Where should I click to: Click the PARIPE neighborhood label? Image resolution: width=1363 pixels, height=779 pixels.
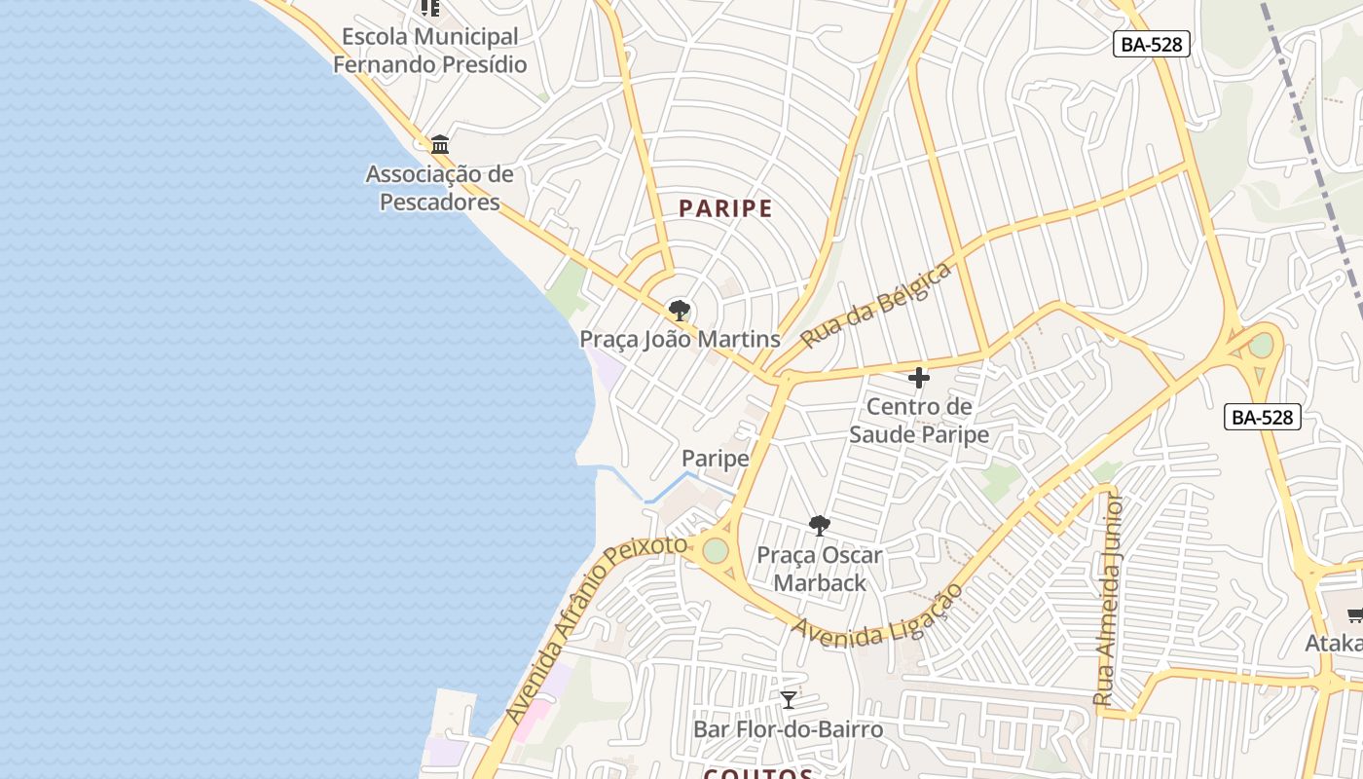[x=725, y=208]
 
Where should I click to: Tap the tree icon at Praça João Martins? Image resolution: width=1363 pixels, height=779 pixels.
[x=679, y=311]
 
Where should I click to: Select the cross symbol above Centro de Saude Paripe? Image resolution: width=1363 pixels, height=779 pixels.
[x=918, y=378]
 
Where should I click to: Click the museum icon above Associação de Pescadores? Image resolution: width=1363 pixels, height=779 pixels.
[x=440, y=145]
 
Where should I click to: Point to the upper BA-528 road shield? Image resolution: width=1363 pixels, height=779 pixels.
[x=1152, y=44]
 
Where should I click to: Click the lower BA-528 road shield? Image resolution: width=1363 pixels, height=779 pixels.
[x=1263, y=417]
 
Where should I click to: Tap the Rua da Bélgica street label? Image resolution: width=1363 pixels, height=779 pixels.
[x=875, y=306]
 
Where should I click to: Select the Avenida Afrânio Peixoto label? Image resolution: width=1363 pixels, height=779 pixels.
[x=596, y=629]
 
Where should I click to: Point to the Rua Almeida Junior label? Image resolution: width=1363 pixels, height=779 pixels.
[x=1109, y=601]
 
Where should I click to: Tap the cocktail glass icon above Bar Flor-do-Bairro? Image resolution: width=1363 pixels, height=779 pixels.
[x=789, y=700]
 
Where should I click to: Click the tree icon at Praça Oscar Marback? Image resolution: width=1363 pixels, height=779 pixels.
[x=820, y=526]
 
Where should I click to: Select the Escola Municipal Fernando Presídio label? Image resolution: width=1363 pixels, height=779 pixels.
[x=429, y=51]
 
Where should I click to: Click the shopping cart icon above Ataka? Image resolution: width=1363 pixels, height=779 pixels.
[x=1354, y=613]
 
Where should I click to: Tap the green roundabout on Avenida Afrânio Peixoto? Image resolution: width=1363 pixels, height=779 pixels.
[x=716, y=550]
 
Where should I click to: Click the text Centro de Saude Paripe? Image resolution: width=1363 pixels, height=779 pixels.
[x=918, y=421]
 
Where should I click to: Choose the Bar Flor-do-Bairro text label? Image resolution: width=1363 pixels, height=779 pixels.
[x=788, y=729]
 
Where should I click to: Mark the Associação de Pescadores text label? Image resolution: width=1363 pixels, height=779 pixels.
[x=439, y=188]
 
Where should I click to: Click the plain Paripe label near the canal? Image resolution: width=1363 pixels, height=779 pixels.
[x=716, y=459]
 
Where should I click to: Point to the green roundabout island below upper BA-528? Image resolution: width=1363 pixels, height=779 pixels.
[x=1261, y=345]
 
